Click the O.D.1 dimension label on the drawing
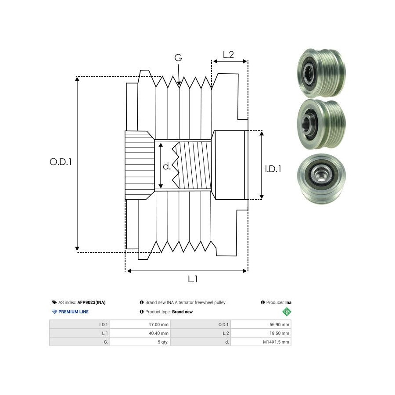[x=61, y=162]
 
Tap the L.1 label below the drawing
[x=193, y=279]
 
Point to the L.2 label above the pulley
[x=228, y=55]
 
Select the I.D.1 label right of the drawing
[x=273, y=168]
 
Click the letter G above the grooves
[x=178, y=58]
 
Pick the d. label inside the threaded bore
[x=167, y=166]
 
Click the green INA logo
[x=287, y=312]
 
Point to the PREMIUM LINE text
[x=74, y=312]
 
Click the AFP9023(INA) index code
[x=91, y=302]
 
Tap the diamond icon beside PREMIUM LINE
[x=54, y=312]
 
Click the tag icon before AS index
[x=54, y=302]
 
